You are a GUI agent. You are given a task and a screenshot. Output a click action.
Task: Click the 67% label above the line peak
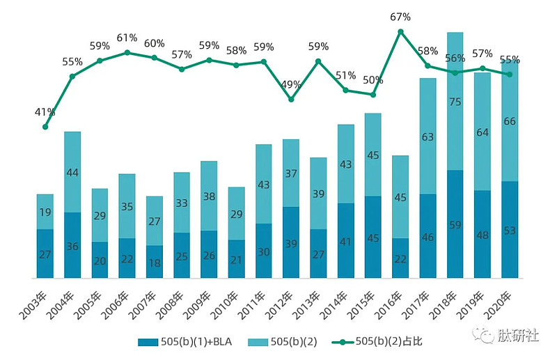pos(400,17)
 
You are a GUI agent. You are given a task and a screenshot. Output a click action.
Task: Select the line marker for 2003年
pos(45,127)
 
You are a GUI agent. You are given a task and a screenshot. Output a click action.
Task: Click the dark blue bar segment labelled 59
pos(455,224)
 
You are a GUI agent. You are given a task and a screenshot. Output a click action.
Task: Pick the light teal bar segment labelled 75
pos(455,101)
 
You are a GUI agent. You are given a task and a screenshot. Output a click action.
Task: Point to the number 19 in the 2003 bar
pos(45,212)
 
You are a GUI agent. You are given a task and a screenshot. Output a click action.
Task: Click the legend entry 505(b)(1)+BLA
pos(185,342)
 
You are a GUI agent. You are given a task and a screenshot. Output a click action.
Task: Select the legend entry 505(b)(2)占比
pos(377,342)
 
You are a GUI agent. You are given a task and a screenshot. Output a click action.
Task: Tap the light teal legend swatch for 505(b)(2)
pos(258,342)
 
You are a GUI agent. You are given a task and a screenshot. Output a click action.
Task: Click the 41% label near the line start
pos(45,112)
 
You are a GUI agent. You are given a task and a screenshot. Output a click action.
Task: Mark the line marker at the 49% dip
pos(291,99)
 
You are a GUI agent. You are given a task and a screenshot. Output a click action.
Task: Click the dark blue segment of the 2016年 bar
pos(400,258)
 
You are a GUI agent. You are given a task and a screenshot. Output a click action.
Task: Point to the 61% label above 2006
pos(127,38)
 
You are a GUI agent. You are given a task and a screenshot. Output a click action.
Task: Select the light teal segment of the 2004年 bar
pos(72,172)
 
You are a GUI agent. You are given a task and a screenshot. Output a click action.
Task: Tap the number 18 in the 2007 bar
pos(155,263)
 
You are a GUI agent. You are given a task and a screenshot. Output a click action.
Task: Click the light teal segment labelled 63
pos(427,136)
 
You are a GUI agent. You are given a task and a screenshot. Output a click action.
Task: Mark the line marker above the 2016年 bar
pos(401,31)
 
